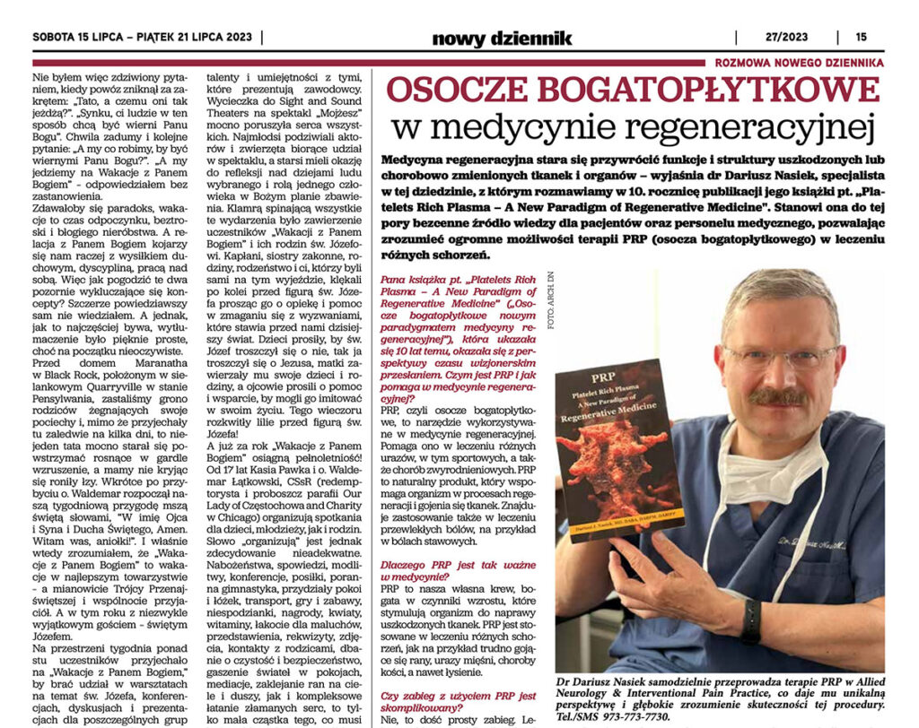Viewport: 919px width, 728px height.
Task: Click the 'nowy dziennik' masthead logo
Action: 502,38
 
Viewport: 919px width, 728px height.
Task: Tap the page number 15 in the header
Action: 861,38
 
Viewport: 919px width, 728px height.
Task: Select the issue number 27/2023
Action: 776,38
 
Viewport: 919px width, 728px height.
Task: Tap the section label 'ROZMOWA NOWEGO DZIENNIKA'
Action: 799,63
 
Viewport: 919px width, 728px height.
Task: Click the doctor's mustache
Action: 777,397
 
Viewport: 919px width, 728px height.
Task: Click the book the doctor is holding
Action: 619,448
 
